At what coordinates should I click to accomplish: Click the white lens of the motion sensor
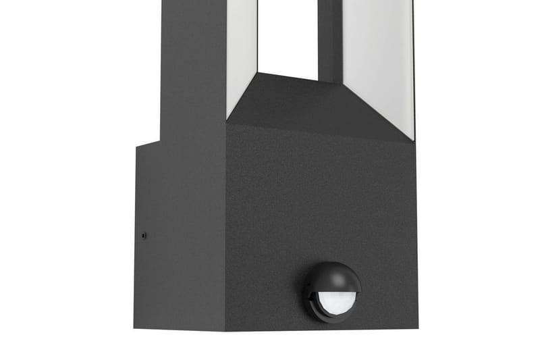click(x=335, y=300)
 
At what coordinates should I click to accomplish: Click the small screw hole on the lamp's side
click(x=143, y=236)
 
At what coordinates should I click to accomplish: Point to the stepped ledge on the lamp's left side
click(x=148, y=143)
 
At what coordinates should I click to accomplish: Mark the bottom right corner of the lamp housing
click(x=416, y=330)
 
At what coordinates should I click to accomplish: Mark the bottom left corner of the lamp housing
click(x=135, y=328)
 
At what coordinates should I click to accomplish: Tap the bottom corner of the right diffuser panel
click(x=413, y=138)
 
